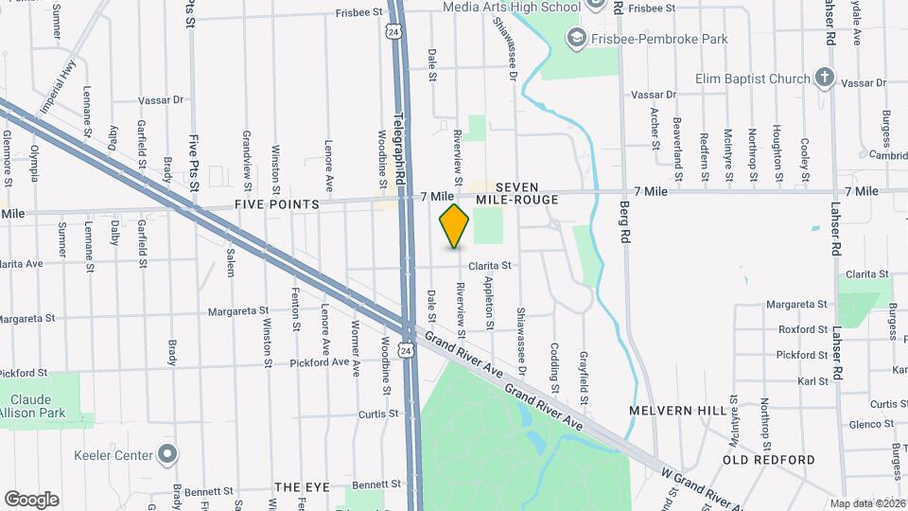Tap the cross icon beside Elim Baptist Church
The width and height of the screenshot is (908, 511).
tap(825, 79)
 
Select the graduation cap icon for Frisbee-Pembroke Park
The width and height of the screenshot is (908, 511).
tap(574, 38)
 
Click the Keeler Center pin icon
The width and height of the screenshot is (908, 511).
tap(167, 455)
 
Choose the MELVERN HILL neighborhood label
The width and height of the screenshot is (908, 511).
tap(678, 411)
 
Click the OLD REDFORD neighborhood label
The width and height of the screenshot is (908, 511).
tap(769, 460)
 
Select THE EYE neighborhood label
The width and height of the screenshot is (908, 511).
tap(302, 486)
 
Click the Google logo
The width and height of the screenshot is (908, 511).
tap(31, 499)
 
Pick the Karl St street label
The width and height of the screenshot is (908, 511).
tap(813, 381)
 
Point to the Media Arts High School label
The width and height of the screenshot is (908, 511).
tap(513, 8)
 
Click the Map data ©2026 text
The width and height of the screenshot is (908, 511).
tap(865, 503)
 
